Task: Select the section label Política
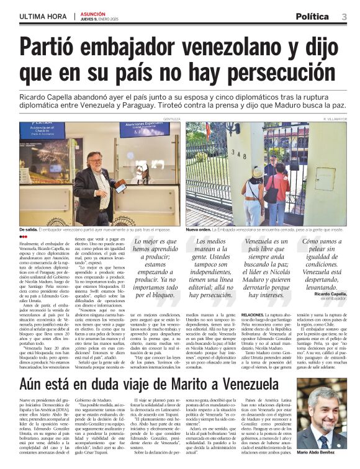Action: pyautogui.click(x=312, y=16)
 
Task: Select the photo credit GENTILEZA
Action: pyautogui.click(x=172, y=118)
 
